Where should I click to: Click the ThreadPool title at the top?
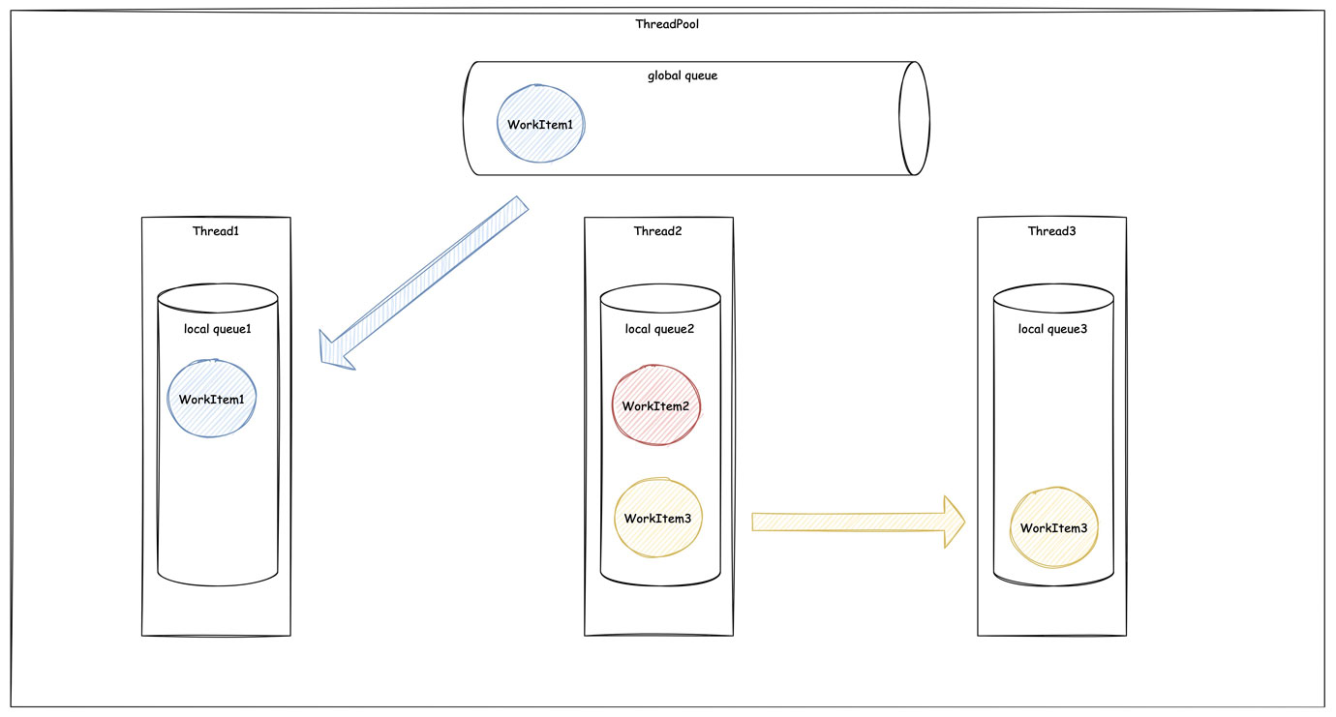(667, 24)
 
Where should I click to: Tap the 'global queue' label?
(683, 75)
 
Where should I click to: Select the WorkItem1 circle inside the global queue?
(540, 124)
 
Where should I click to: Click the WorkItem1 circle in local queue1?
(212, 398)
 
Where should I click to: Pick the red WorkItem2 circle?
(656, 405)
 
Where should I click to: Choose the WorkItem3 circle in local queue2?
(658, 518)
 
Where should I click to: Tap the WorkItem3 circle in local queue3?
(1054, 527)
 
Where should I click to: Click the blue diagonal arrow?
(424, 284)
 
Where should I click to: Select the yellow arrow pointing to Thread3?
(859, 522)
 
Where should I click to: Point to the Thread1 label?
(216, 231)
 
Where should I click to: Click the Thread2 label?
(657, 231)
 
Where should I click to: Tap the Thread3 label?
(1051, 231)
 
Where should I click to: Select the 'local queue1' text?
(218, 329)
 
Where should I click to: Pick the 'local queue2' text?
(659, 329)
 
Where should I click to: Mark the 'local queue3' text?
(1052, 329)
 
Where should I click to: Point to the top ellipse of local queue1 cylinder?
(218, 284)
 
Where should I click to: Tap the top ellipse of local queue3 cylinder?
(1053, 284)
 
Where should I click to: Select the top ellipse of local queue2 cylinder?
(660, 284)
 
